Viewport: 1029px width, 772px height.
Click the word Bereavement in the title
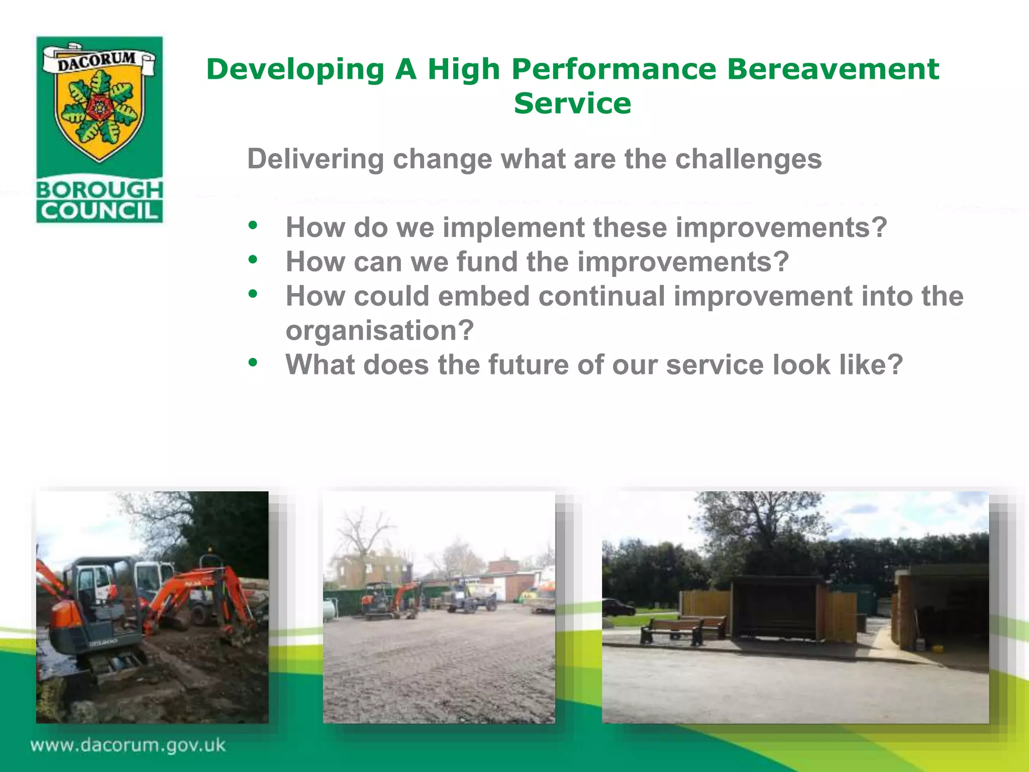833,69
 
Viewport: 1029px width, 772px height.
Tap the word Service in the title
572,104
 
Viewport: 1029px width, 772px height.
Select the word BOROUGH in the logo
99,189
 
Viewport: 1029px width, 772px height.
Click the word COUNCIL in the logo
99,211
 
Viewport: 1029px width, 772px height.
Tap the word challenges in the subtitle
748,159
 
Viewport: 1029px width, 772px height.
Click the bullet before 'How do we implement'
253,226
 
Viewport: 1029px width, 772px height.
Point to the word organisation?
379,331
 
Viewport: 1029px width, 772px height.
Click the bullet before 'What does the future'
253,362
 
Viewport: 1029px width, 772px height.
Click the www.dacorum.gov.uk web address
128,744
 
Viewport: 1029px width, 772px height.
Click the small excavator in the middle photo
387,601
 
